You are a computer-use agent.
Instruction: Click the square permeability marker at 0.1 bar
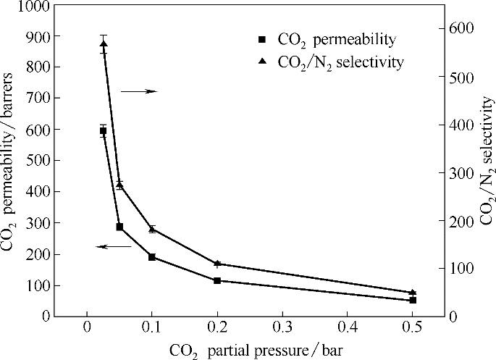click(152, 256)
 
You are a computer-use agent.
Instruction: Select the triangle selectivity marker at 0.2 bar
click(217, 264)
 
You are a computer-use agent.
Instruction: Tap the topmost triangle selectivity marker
click(104, 44)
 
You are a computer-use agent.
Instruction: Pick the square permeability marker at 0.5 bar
click(413, 300)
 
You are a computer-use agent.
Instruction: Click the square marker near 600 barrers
click(104, 131)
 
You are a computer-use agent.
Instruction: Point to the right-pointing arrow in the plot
click(138, 91)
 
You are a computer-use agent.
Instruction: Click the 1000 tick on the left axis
click(33, 5)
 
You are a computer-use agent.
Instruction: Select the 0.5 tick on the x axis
click(413, 325)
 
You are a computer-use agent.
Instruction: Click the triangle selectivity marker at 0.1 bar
click(152, 229)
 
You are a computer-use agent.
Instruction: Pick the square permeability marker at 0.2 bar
click(217, 280)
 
